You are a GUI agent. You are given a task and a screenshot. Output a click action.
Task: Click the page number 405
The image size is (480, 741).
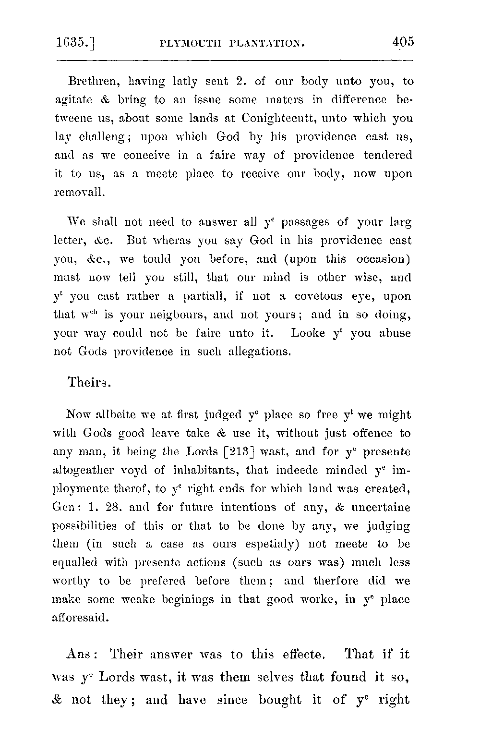(x=402, y=42)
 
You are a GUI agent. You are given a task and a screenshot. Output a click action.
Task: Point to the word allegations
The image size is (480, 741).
(x=259, y=352)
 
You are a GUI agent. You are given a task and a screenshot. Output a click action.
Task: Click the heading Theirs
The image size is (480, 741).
(x=89, y=383)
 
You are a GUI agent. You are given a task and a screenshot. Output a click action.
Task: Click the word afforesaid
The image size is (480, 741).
(x=81, y=619)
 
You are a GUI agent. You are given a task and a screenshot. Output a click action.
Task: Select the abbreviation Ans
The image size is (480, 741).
(x=82, y=655)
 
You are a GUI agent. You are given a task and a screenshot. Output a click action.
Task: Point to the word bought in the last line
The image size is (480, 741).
(x=280, y=700)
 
